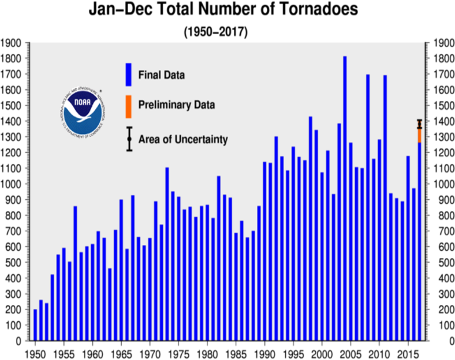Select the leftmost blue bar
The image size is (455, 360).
[35, 324]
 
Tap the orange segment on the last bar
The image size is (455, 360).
[420, 135]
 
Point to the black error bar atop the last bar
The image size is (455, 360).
[420, 123]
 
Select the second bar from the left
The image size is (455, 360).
[41, 319]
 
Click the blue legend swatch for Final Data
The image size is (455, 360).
[128, 75]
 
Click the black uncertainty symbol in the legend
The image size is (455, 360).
[129, 139]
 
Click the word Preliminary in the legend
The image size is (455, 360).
[165, 105]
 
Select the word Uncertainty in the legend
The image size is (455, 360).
[200, 140]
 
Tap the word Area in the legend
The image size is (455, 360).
[149, 140]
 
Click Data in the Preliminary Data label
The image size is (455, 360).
[204, 105]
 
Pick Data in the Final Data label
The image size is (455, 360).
[173, 75]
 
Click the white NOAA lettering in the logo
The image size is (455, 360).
[82, 105]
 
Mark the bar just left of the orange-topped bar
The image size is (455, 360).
[414, 264]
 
